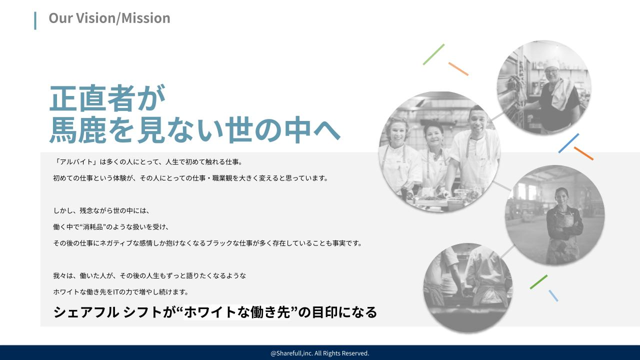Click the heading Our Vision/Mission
(x=109, y=18)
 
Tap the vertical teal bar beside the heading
(x=35, y=20)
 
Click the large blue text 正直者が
(x=107, y=98)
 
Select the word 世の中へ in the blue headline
(x=282, y=129)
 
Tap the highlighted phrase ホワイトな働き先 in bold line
(x=237, y=312)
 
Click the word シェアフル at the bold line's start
(x=86, y=312)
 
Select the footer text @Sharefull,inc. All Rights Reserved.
(x=320, y=353)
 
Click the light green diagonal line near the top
(x=433, y=54)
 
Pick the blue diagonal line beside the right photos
(x=568, y=143)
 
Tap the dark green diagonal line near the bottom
(x=538, y=282)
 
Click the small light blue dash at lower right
(x=553, y=295)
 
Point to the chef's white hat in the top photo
(x=552, y=64)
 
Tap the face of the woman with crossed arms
(x=561, y=197)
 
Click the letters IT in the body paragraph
(x=115, y=292)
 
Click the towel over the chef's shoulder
(x=561, y=95)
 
